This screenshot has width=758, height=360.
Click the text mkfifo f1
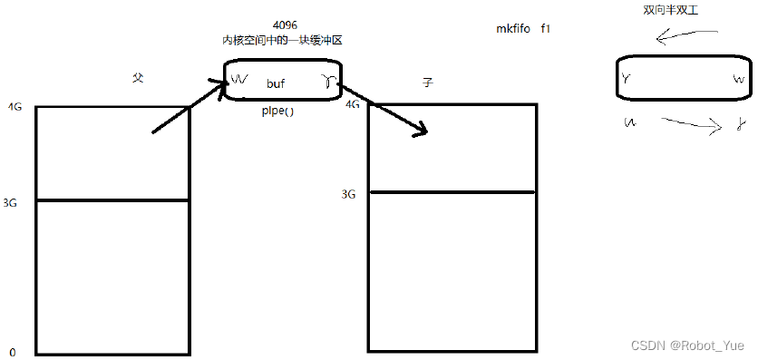tap(524, 29)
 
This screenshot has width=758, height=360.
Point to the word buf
tap(276, 83)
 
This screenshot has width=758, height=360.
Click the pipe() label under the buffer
tap(278, 110)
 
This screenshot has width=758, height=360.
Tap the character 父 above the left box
tap(138, 79)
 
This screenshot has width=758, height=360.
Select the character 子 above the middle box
tap(428, 83)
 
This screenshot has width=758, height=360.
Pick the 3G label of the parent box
tap(11, 203)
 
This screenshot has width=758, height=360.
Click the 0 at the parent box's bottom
tap(13, 352)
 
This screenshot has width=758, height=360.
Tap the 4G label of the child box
tap(353, 104)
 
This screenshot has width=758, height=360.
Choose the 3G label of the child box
tap(348, 194)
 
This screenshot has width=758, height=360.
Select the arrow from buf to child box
tap(384, 112)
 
